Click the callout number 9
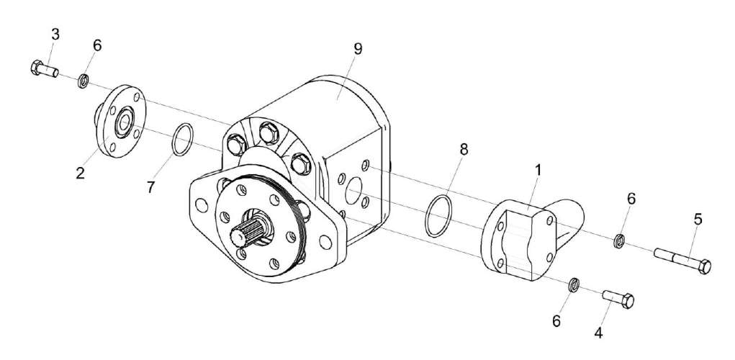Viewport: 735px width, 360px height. (358, 50)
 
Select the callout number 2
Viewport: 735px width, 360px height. (81, 173)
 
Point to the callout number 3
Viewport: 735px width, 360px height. (55, 35)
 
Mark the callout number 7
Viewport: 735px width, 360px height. (151, 187)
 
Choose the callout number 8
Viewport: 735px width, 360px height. (464, 150)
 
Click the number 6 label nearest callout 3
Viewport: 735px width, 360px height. (97, 45)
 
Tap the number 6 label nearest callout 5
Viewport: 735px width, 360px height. (631, 199)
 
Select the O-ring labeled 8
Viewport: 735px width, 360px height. (438, 214)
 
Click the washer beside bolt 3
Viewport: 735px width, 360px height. (84, 78)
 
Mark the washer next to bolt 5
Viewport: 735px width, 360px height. (618, 240)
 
